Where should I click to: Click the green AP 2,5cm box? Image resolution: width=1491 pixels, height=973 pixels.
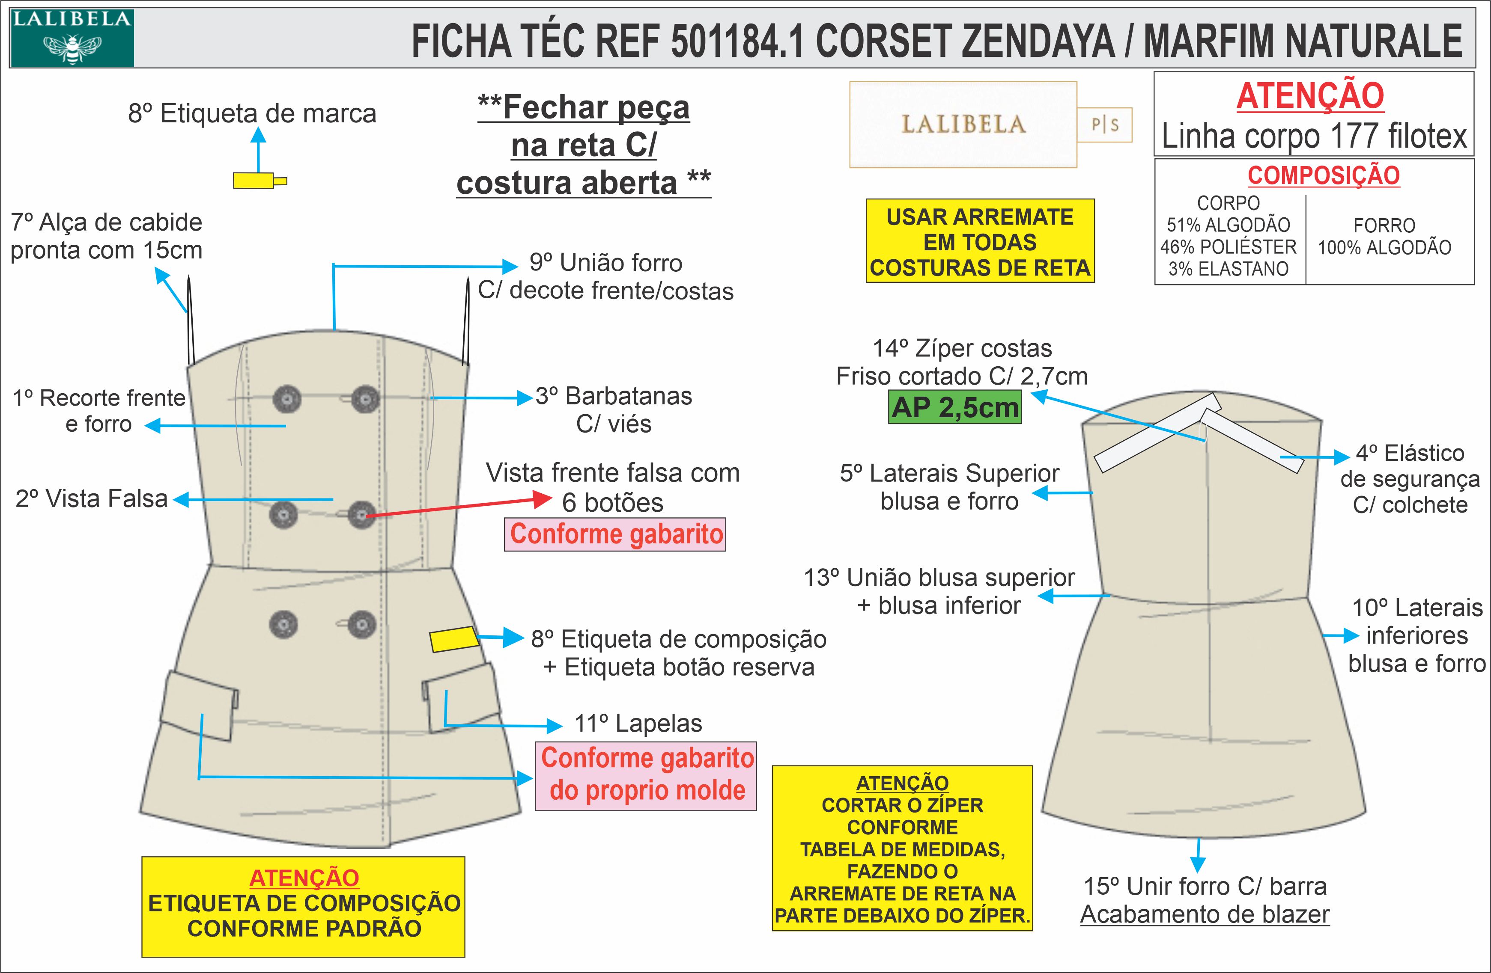tap(955, 408)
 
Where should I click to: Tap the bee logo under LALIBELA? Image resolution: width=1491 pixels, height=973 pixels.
tap(72, 47)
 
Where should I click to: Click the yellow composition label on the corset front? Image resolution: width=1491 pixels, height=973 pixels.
tap(453, 639)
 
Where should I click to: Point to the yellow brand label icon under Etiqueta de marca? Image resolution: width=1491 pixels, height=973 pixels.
tap(258, 181)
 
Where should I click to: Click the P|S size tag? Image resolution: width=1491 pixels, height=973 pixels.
tap(1104, 125)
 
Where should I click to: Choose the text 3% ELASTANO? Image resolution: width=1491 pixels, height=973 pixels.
tap(1228, 269)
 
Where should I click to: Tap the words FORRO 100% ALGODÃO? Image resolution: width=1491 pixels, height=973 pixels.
tap(1384, 237)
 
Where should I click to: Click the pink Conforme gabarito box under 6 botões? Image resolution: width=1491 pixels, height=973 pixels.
tap(615, 534)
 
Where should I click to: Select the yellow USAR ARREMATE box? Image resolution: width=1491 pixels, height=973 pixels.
tap(980, 242)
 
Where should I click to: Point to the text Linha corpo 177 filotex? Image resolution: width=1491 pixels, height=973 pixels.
tap(1314, 136)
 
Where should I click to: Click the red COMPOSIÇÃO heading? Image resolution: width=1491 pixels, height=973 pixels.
tap(1323, 175)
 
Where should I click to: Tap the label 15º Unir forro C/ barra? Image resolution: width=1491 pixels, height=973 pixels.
tap(1205, 887)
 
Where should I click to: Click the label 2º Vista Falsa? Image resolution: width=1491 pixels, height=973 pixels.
tap(92, 499)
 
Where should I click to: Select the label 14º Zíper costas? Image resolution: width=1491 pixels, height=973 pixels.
tap(962, 348)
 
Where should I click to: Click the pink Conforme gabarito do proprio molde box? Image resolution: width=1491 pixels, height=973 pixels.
tap(646, 775)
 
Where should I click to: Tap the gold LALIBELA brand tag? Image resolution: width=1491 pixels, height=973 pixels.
tap(963, 125)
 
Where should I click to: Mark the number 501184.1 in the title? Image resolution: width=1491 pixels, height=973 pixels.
tap(737, 42)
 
